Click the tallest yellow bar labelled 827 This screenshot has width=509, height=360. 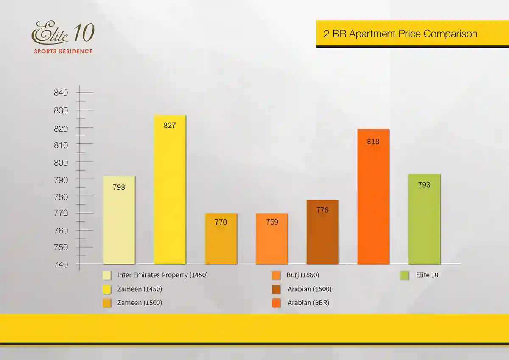170,191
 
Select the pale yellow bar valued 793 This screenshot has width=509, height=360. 119,221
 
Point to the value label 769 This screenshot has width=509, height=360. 272,222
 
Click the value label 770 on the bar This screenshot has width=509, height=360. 221,222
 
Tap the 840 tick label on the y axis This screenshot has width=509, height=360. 61,93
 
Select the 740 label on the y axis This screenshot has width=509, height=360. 61,264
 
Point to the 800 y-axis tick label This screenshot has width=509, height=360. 61,163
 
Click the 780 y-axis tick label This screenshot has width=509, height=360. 61,197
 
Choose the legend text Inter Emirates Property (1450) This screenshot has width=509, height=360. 162,275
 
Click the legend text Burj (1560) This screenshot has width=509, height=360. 302,275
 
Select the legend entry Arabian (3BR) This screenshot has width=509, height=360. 308,303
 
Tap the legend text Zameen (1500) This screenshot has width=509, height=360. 140,303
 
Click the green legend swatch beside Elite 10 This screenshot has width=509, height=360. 404,276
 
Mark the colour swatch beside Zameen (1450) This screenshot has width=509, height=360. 107,290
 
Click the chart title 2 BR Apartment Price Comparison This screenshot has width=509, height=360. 400,34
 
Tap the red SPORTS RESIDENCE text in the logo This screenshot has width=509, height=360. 64,51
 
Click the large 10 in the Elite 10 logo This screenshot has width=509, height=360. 84,33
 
